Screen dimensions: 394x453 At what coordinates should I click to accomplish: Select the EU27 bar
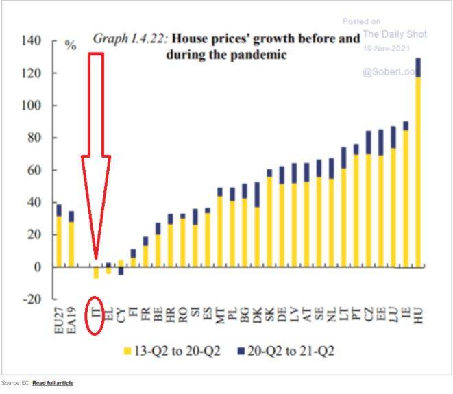click(x=59, y=236)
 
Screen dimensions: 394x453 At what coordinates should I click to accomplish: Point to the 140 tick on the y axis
click(x=32, y=41)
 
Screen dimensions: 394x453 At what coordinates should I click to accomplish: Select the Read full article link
click(x=53, y=383)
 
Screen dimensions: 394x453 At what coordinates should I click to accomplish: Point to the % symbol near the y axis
click(x=71, y=46)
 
